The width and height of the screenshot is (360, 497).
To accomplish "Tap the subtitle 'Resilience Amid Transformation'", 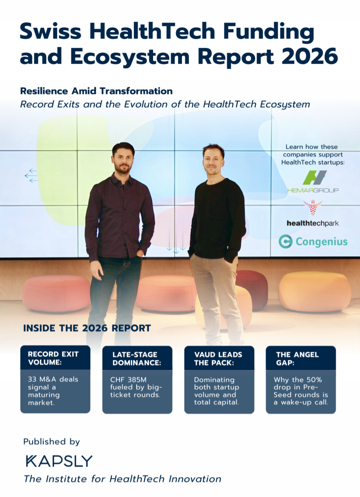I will [x=96, y=91].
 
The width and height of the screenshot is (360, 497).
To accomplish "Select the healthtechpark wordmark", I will [x=313, y=223].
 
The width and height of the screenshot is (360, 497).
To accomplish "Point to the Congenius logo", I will [x=313, y=241].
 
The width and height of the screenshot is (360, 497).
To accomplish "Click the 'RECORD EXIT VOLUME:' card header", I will [x=55, y=358].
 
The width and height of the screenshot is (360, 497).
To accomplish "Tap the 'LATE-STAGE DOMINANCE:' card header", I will [x=137, y=358].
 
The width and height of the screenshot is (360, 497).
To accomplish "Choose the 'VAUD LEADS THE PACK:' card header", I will [x=219, y=358].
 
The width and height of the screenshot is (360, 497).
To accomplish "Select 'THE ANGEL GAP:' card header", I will [x=301, y=358].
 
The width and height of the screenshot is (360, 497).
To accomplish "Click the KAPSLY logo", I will [x=59, y=461].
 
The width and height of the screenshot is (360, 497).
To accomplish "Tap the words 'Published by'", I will [x=52, y=441].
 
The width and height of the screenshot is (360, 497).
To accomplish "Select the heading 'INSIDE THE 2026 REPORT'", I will [x=87, y=328].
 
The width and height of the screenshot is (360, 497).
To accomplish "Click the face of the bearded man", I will [x=123, y=159].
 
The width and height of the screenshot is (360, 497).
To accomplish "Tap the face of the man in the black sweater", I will [x=213, y=160].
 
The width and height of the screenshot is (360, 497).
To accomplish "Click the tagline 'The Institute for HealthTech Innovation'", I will [x=123, y=479].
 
